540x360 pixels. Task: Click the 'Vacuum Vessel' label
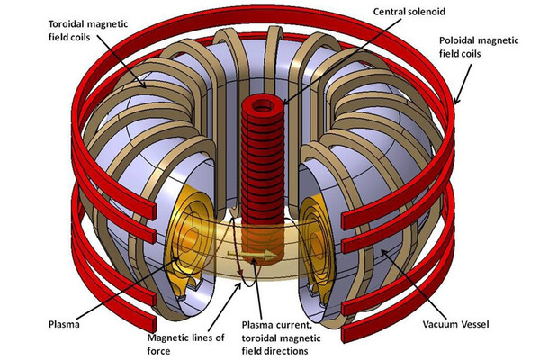click(458, 319)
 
